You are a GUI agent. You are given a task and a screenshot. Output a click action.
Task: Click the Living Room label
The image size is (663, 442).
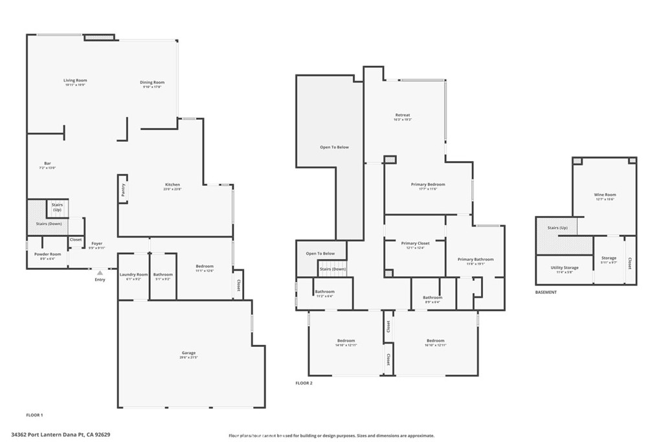click(x=75, y=80)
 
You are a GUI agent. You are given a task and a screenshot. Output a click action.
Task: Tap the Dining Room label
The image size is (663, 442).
click(x=152, y=82)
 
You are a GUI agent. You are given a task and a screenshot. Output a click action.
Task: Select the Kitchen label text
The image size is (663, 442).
click(x=172, y=184)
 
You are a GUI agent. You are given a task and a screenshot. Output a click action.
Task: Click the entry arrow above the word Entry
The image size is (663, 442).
click(x=100, y=274)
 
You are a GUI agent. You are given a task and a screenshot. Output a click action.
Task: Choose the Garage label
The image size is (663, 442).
click(x=188, y=353)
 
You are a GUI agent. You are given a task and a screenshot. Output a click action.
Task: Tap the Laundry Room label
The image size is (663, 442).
click(x=133, y=274)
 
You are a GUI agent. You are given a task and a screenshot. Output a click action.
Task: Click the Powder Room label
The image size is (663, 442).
click(x=48, y=254)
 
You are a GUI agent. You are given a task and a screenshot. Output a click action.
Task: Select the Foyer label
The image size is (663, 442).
click(x=96, y=244)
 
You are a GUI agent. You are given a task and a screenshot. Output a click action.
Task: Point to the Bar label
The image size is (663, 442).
click(x=47, y=163)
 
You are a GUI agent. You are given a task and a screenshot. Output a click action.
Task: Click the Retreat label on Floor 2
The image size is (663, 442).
click(x=403, y=115)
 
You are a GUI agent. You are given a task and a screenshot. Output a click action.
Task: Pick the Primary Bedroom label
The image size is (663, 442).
click(x=428, y=184)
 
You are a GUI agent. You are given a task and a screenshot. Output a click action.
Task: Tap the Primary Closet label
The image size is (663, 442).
click(x=414, y=243)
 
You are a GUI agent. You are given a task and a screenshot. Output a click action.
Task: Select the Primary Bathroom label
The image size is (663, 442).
click(x=475, y=260)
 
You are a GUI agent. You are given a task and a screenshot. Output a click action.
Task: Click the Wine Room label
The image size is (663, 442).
click(x=605, y=195)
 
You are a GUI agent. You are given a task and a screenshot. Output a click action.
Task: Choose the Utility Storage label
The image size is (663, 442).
click(x=565, y=267)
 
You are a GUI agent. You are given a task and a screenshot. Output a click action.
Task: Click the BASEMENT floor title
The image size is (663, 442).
click(x=546, y=292)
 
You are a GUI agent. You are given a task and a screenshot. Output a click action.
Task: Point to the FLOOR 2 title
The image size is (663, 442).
click(x=304, y=383)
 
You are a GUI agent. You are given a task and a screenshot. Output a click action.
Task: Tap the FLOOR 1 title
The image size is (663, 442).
click(x=34, y=414)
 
